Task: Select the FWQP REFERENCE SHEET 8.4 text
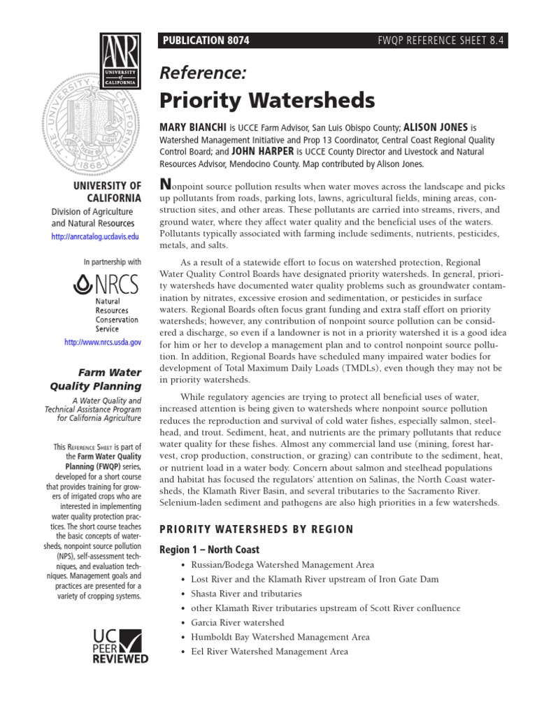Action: [x=441, y=41]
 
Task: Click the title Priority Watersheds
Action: [x=268, y=100]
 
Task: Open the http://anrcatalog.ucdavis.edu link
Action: [x=96, y=238]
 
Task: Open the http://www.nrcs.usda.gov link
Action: [x=102, y=343]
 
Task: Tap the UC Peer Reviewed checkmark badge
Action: [x=120, y=645]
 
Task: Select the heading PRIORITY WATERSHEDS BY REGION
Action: [x=257, y=529]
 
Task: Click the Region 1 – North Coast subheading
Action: [x=209, y=550]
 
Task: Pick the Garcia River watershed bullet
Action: [x=237, y=622]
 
